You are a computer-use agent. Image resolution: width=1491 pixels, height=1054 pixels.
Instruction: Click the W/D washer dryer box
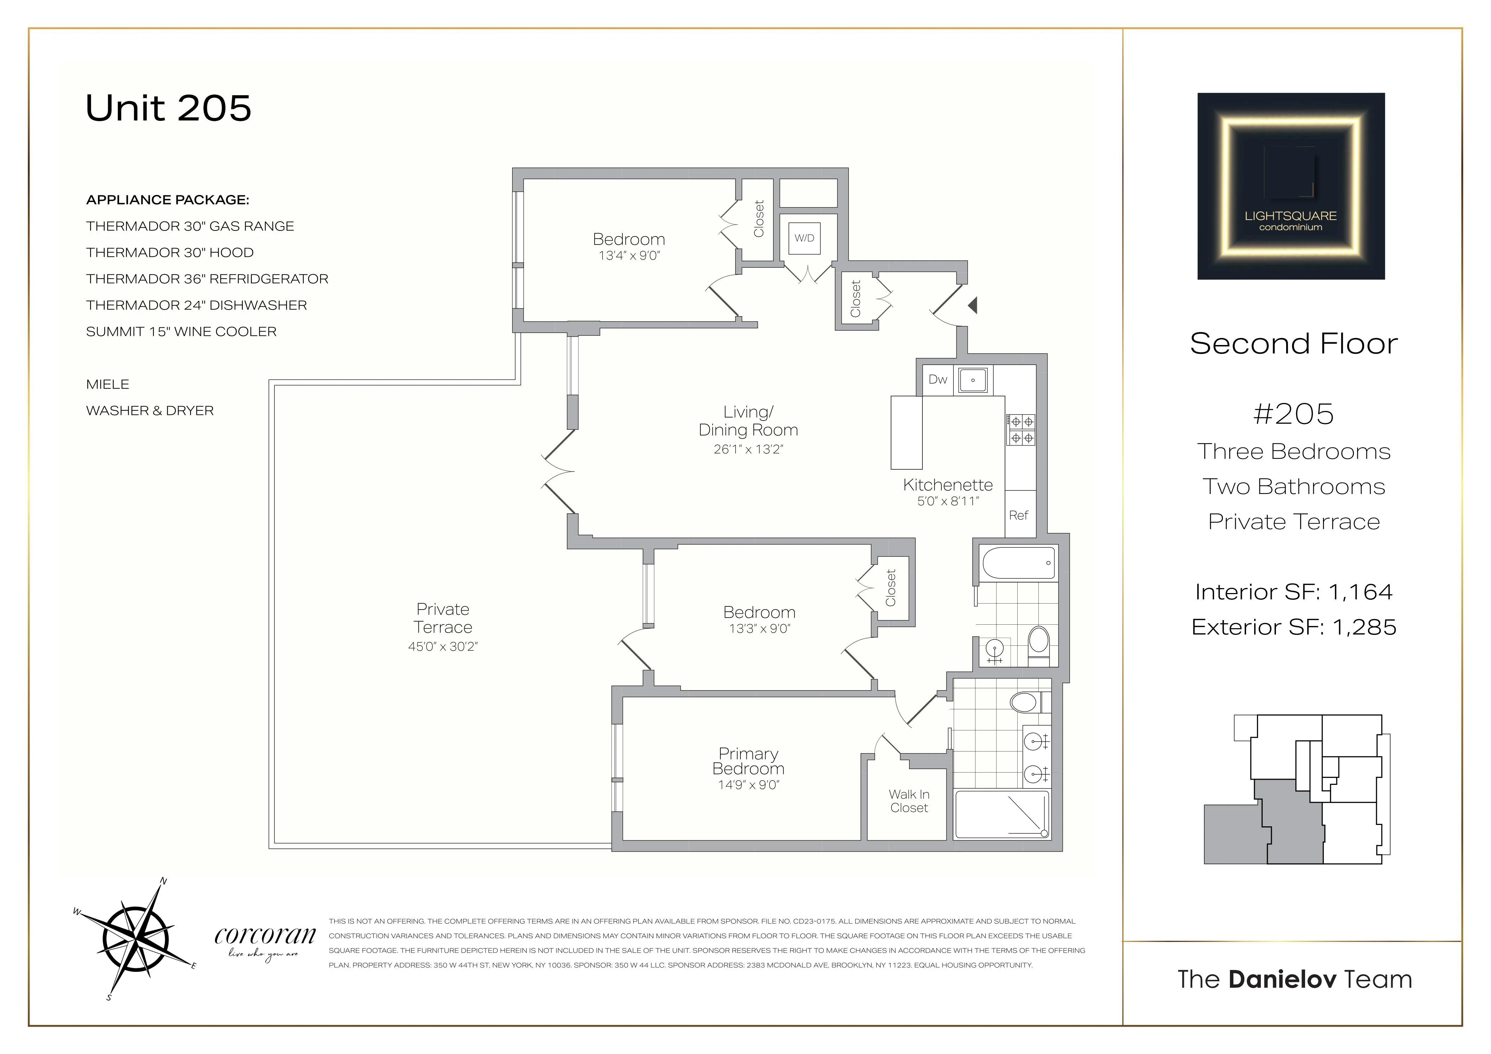[804, 238]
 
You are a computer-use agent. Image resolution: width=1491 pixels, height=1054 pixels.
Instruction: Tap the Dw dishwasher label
[937, 379]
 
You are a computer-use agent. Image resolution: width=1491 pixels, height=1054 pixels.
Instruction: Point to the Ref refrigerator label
[1018, 515]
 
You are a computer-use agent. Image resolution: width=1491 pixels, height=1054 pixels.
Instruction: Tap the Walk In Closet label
[908, 801]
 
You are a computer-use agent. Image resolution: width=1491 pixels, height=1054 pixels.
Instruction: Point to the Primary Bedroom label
[748, 761]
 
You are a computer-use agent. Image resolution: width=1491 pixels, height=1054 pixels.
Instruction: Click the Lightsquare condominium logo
[1290, 186]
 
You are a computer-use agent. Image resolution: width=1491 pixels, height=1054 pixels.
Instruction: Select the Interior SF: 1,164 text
[1293, 592]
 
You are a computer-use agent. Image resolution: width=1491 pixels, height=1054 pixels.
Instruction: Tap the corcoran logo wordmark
[265, 936]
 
